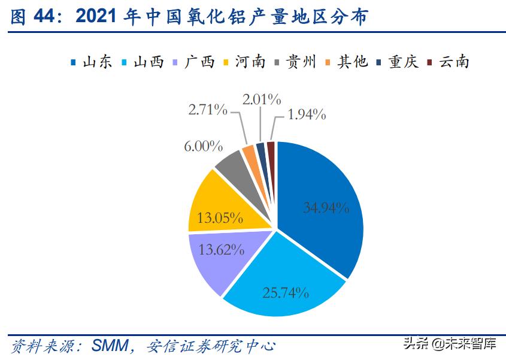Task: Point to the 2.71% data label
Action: point(208,110)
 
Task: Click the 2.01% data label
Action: point(262,98)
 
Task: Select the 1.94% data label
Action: point(305,114)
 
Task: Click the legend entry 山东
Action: point(91,62)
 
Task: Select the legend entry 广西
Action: point(193,62)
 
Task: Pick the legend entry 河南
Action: point(244,62)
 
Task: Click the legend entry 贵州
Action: point(295,62)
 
